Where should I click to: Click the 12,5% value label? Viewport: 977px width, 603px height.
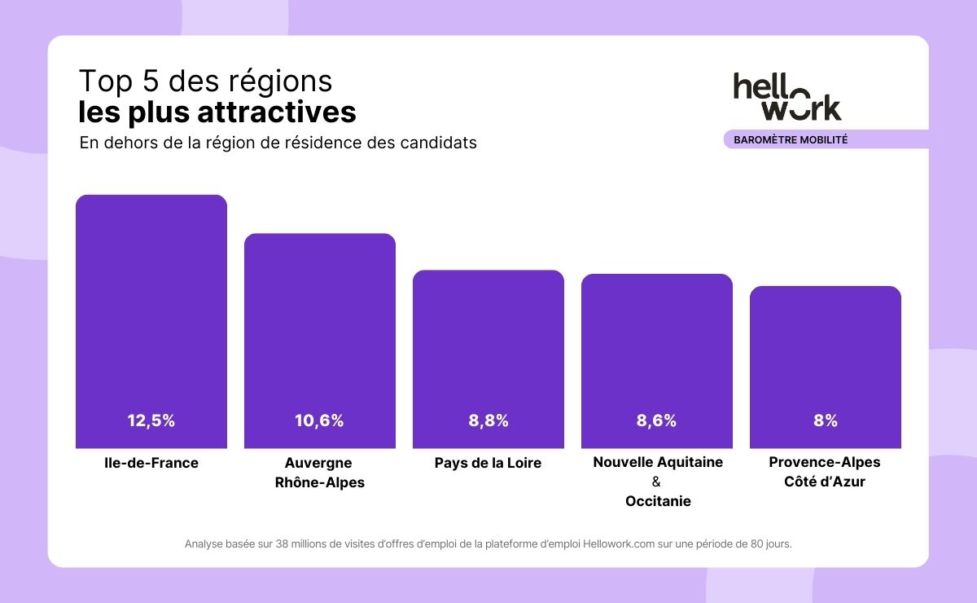tap(151, 421)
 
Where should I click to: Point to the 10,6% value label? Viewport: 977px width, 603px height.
tap(319, 421)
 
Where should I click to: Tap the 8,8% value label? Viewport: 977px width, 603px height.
tap(488, 421)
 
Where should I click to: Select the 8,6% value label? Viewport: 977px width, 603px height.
tap(656, 421)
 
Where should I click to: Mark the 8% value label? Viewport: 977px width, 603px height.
tap(826, 421)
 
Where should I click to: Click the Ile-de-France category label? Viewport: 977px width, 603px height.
tap(151, 463)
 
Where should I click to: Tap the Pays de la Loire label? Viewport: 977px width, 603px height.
tap(488, 463)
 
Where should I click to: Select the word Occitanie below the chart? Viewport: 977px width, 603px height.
tap(658, 501)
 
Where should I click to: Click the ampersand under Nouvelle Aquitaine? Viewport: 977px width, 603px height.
tap(657, 482)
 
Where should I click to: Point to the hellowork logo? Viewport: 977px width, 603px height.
tap(786, 96)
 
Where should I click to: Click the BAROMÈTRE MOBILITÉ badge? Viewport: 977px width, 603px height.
tap(791, 139)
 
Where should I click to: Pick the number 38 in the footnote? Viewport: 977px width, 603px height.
tap(283, 544)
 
